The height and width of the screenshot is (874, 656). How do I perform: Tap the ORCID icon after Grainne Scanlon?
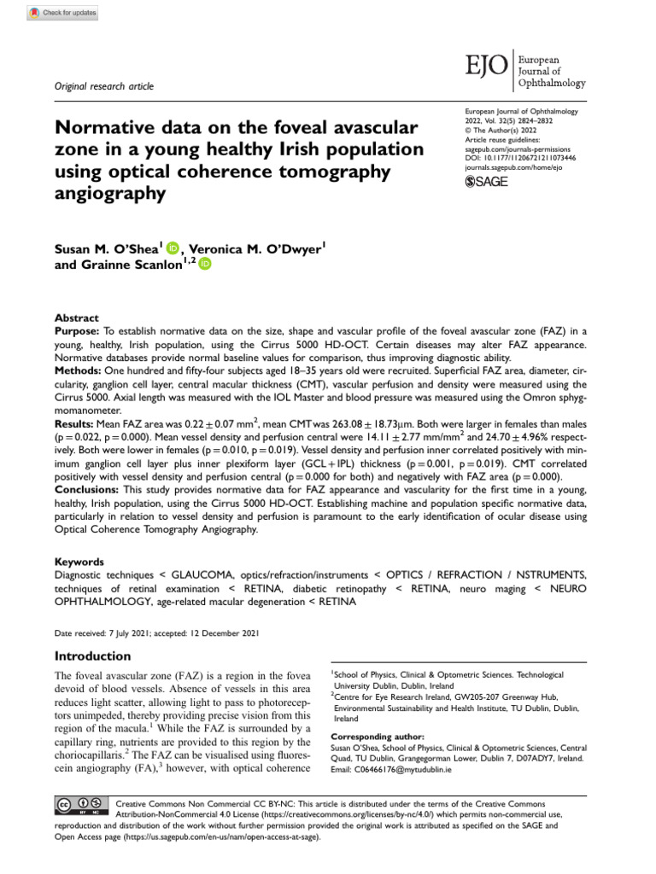(x=205, y=265)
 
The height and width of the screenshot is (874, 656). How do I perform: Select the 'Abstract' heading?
(x=76, y=318)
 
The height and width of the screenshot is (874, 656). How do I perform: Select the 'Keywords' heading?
(x=79, y=562)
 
